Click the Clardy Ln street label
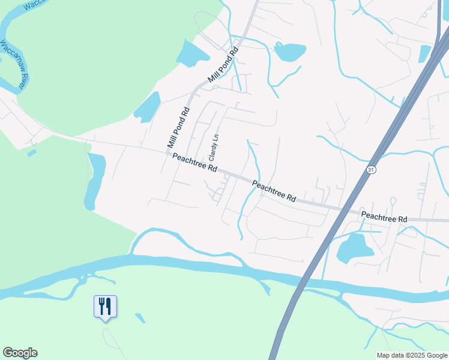click(x=212, y=146)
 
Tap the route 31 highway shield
click(x=372, y=170)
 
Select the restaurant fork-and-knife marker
click(x=106, y=307)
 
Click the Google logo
click(x=20, y=353)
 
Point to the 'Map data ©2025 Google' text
click(x=412, y=355)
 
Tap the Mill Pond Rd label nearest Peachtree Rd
click(x=179, y=128)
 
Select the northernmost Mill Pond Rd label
click(x=223, y=64)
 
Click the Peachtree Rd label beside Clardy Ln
click(x=194, y=163)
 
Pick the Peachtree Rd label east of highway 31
click(x=384, y=217)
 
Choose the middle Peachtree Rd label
click(x=274, y=191)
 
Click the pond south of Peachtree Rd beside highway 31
click(x=354, y=248)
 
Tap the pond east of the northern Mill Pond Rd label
click(x=289, y=52)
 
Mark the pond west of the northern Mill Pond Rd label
click(x=192, y=53)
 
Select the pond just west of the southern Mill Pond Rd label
click(x=148, y=108)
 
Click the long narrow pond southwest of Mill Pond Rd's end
click(x=95, y=180)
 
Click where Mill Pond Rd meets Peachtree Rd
click(x=168, y=153)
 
